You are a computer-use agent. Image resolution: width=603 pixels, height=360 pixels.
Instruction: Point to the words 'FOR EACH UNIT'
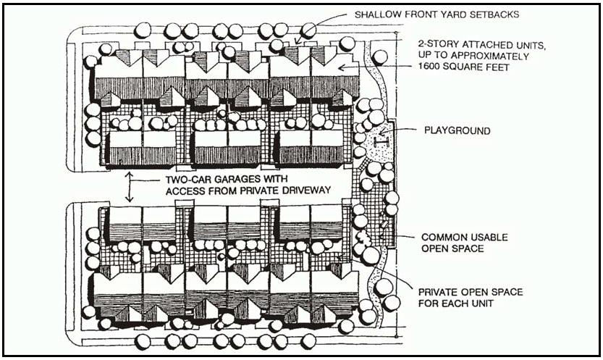[x=456, y=304]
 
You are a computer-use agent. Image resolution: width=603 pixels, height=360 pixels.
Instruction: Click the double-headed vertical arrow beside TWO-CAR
[x=129, y=186]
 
